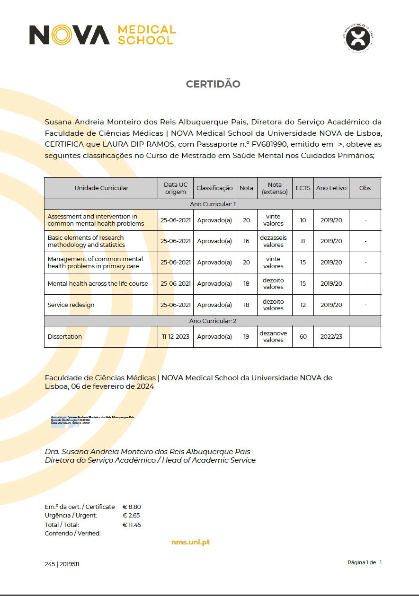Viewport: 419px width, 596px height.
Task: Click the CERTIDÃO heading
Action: [x=213, y=84]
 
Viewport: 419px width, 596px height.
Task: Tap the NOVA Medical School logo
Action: [x=102, y=35]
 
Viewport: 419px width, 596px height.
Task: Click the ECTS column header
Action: [x=303, y=188]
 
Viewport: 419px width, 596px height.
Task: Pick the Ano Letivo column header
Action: [x=331, y=188]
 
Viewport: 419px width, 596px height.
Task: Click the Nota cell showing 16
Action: [x=246, y=241]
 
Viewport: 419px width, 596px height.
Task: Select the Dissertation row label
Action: [x=65, y=337]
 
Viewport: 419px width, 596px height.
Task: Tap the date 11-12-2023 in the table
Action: [x=176, y=337]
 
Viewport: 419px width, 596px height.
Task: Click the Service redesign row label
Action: [x=71, y=305]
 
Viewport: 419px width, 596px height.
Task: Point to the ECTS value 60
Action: [x=303, y=337]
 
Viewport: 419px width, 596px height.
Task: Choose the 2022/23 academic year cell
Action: [x=331, y=337]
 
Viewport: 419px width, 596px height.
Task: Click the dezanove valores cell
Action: [x=274, y=337]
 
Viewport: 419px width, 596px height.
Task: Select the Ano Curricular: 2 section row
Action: [x=213, y=321]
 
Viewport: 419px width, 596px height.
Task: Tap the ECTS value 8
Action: [x=303, y=241]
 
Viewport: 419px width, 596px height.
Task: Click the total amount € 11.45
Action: [x=132, y=525]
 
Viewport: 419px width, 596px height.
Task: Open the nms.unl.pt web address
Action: [x=190, y=542]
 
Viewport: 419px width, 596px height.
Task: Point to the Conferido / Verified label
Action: [x=73, y=534]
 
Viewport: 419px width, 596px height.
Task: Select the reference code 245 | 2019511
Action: [x=62, y=564]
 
